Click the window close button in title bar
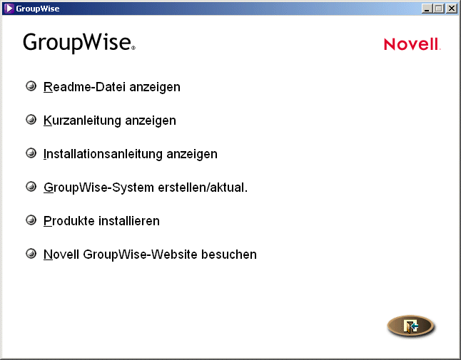point(451,9)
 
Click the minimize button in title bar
point(427,9)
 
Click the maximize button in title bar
point(438,9)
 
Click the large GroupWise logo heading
point(78,43)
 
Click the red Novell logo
point(412,44)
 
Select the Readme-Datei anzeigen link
point(111,87)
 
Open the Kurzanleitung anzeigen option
point(109,120)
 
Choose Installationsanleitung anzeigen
point(130,154)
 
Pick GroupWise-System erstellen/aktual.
point(145,187)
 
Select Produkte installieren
point(101,221)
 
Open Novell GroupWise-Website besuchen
point(150,254)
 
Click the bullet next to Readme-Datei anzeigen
point(31,86)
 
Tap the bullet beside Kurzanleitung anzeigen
point(31,120)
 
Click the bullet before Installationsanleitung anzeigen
point(31,153)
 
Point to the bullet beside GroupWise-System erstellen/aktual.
point(31,187)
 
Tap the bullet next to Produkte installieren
point(31,220)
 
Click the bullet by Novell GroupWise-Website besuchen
point(31,254)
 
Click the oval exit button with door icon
point(410,326)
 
